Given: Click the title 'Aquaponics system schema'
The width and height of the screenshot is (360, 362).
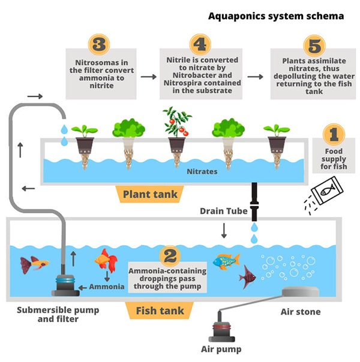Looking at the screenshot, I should coord(276,16).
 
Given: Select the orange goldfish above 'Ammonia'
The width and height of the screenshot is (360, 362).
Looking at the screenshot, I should coord(104,262).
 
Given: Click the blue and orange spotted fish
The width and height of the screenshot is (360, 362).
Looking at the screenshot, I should coord(226,261).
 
